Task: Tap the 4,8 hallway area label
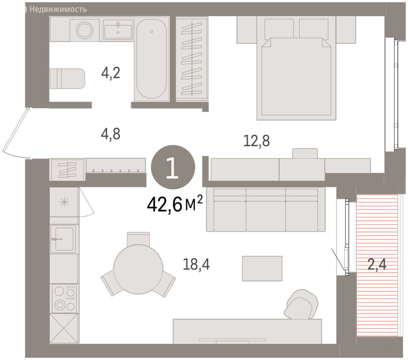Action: click(111, 134)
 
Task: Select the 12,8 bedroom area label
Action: click(257, 141)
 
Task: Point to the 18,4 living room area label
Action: click(196, 264)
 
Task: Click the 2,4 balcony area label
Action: click(377, 264)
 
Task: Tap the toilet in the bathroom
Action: click(67, 78)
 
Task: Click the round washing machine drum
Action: click(85, 30)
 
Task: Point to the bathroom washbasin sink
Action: click(118, 30)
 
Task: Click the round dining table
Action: click(138, 269)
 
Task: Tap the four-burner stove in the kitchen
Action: click(64, 298)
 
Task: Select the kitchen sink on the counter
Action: click(64, 239)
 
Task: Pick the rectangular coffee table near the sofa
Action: click(262, 269)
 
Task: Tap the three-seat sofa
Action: click(265, 210)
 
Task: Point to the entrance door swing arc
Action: click(15, 134)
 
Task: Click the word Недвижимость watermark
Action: click(58, 9)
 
